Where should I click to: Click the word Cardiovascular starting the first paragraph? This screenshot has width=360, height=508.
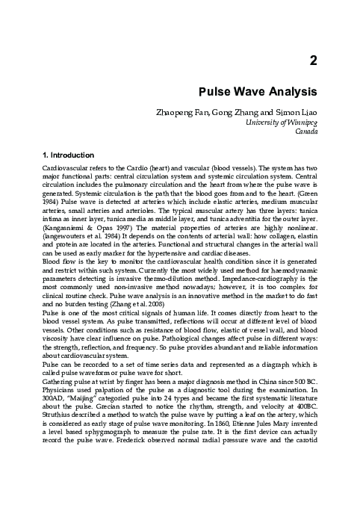[66, 170]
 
